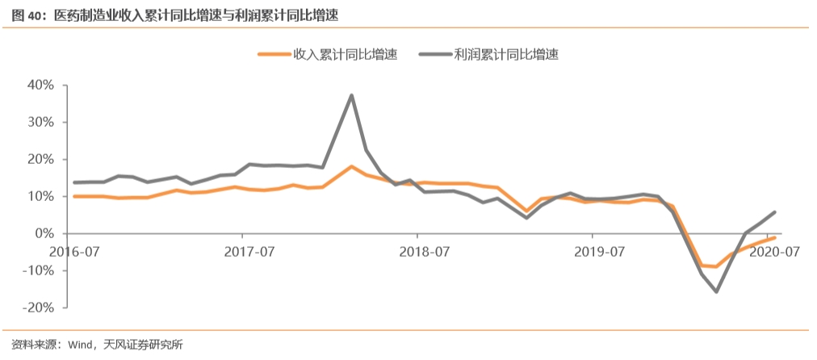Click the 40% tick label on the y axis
(x=40, y=85)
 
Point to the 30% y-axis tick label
(x=40, y=122)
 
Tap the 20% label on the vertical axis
(x=40, y=159)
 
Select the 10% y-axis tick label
(x=40, y=196)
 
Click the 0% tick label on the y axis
(x=44, y=233)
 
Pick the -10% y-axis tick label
(x=38, y=270)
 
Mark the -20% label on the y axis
(x=38, y=308)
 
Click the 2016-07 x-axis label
(x=73, y=251)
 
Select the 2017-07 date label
(x=249, y=251)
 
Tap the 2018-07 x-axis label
(x=425, y=251)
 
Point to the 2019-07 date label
(x=600, y=251)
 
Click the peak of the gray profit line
(x=352, y=95)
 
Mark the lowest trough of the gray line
(x=716, y=291)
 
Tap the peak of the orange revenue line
(x=352, y=166)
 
